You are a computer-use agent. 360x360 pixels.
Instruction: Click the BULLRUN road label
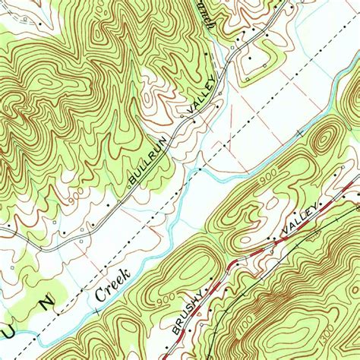point(145,168)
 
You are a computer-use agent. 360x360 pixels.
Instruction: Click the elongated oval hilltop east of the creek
point(324,141)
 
